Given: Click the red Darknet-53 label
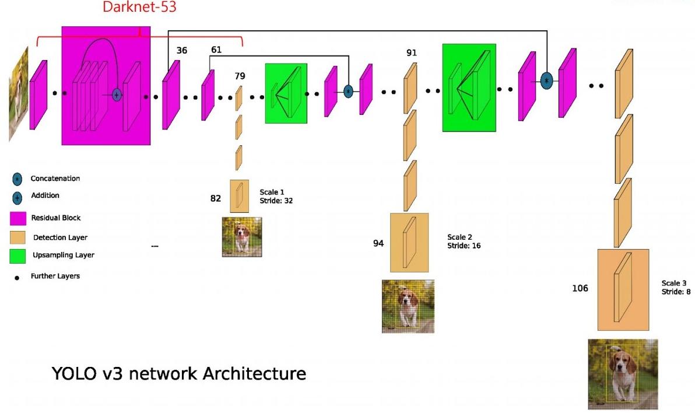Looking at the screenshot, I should [x=139, y=8].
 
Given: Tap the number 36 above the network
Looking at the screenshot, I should [x=182, y=51].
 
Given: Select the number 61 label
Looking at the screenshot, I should [x=216, y=50].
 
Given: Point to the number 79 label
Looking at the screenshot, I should [x=240, y=76].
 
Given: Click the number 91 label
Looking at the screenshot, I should [x=412, y=53].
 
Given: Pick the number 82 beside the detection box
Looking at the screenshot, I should [x=216, y=198].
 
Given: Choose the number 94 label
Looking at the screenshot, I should [x=378, y=243].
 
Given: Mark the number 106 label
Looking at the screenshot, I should [x=580, y=288].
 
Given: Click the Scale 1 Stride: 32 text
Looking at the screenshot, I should [x=272, y=196].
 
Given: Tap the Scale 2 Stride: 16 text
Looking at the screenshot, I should [x=464, y=242].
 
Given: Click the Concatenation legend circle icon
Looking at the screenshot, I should [x=17, y=179].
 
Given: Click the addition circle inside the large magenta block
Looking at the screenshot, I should [x=117, y=94].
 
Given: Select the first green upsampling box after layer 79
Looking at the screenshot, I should [x=286, y=93].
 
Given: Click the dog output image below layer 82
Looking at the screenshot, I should [x=242, y=237].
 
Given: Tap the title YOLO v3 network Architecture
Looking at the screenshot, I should [x=179, y=373].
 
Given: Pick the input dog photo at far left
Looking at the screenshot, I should [x=19, y=93].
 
